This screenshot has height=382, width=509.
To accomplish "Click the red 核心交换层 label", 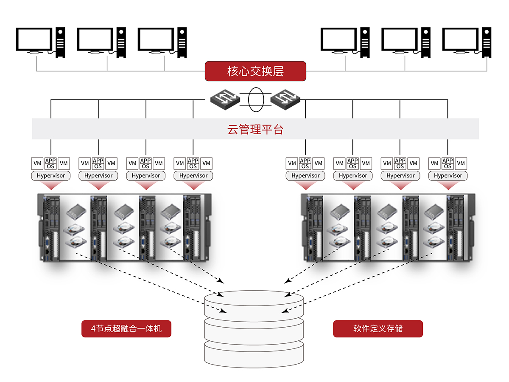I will pos(255,71).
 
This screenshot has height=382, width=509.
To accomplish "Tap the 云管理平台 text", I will pos(255,129).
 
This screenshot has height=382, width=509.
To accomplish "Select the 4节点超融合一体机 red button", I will pos(126,328).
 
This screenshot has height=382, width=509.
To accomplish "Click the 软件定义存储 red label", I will pos(378,328).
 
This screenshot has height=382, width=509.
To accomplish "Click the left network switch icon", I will pos(225,99).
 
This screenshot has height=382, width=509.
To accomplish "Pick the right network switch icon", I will pos(286,99).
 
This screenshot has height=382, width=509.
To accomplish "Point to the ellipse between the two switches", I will pos(255,100).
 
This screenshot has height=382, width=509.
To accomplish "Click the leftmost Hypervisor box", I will pos(51,175).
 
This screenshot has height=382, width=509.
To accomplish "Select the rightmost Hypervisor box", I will pos(448,175).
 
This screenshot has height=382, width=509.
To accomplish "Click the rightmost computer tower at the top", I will pos(487,42).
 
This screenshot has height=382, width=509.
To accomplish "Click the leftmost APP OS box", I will pos(50,163).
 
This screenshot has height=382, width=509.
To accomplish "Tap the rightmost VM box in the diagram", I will pos(461,163).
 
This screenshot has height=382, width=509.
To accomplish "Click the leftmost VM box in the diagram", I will pos(38,163).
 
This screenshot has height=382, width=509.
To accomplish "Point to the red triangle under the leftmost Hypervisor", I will pos(51,185).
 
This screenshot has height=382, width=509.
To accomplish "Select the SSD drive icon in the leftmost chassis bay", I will pos(75,211).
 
